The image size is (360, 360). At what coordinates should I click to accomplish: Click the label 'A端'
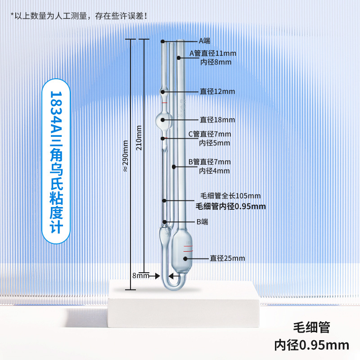point(204,40)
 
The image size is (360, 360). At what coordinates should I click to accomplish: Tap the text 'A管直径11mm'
point(212,54)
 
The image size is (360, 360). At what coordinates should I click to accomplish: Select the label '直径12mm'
point(217,91)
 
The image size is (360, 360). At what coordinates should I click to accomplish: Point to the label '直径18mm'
point(217,120)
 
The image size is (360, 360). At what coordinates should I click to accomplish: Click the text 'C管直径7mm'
point(209,134)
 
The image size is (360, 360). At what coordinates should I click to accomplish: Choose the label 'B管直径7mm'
point(209,162)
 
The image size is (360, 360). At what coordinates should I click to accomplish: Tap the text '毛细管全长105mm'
point(230,196)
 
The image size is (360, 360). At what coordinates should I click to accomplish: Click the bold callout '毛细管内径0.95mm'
point(230,207)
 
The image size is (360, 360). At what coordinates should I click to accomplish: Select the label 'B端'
point(202,222)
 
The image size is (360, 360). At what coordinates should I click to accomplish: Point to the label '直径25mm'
point(227,258)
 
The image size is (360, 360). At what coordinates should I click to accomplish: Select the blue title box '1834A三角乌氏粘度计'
point(57,162)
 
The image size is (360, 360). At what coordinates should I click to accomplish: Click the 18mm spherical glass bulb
point(163,120)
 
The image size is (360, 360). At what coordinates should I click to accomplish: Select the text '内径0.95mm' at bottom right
point(312,345)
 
